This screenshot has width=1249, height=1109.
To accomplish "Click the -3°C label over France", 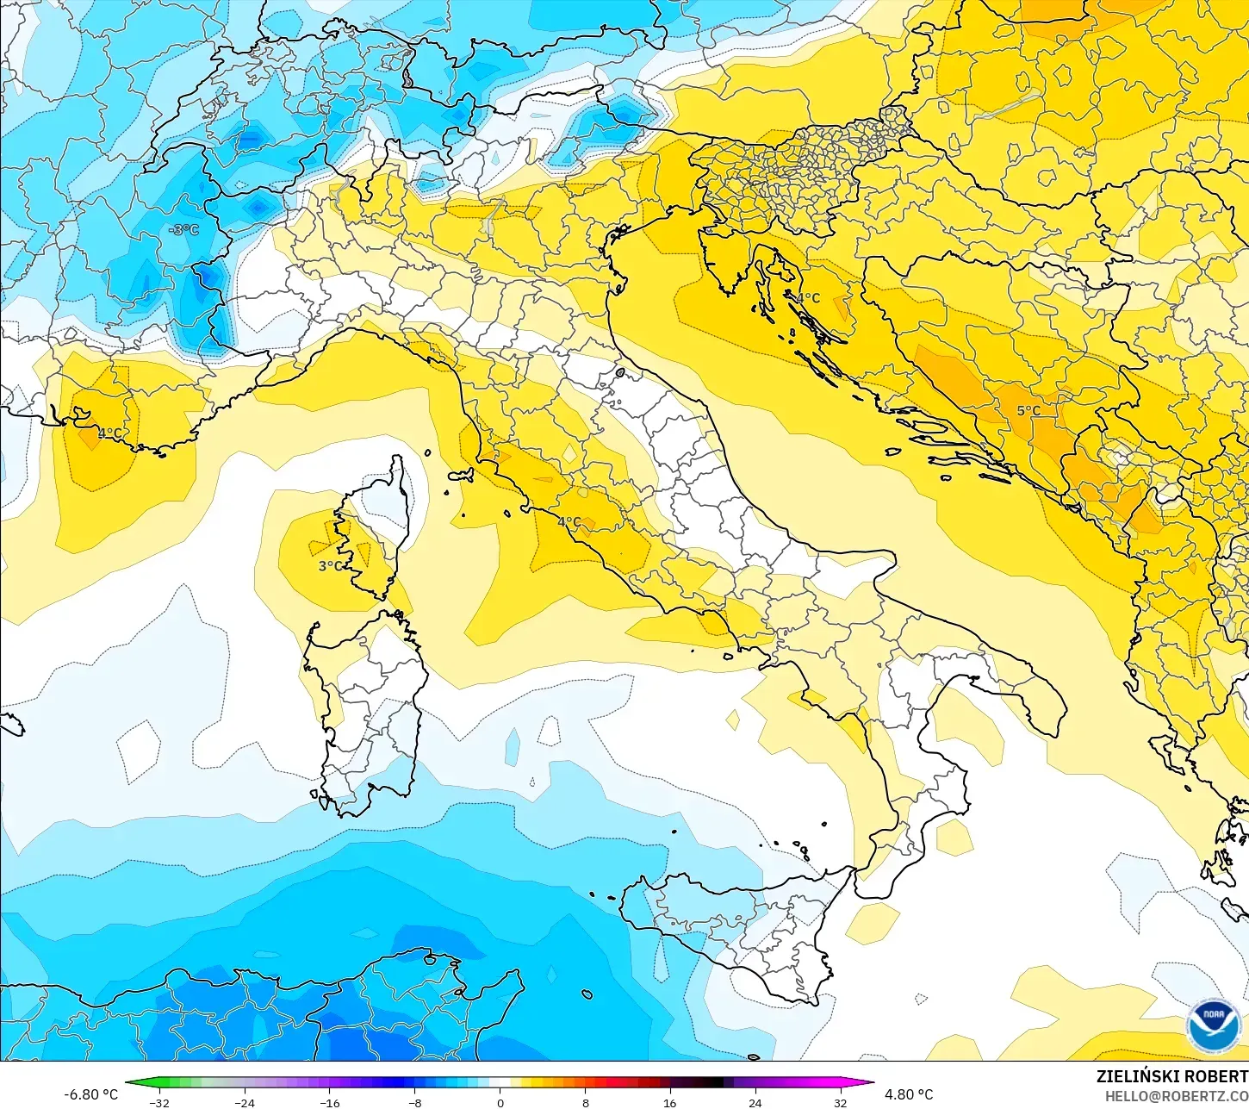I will [183, 230].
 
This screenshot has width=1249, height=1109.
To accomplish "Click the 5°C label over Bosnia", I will [1028, 411].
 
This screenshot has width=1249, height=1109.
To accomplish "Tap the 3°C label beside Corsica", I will [330, 566].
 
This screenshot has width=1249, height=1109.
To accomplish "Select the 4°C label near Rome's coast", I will [569, 522].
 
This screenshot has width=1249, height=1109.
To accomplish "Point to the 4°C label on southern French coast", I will [109, 433].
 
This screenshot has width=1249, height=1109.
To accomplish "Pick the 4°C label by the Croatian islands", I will [807, 298].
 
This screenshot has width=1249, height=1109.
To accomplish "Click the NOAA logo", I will [1214, 1025].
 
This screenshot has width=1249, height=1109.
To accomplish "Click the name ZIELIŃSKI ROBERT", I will [1171, 1076].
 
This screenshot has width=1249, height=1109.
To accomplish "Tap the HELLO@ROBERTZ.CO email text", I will [1177, 1096].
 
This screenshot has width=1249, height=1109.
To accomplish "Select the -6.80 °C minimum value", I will [91, 1094].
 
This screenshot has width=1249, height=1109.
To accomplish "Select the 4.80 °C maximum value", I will [909, 1094].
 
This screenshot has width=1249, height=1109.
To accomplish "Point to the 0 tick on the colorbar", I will [500, 1102].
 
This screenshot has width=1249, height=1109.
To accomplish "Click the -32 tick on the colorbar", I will [159, 1102].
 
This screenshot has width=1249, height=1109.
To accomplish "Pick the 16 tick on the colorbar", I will [669, 1102].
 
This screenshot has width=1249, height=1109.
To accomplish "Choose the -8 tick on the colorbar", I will [414, 1102].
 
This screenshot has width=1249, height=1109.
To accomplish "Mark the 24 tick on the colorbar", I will [755, 1102].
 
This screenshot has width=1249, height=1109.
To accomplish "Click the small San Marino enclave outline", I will [619, 373].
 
